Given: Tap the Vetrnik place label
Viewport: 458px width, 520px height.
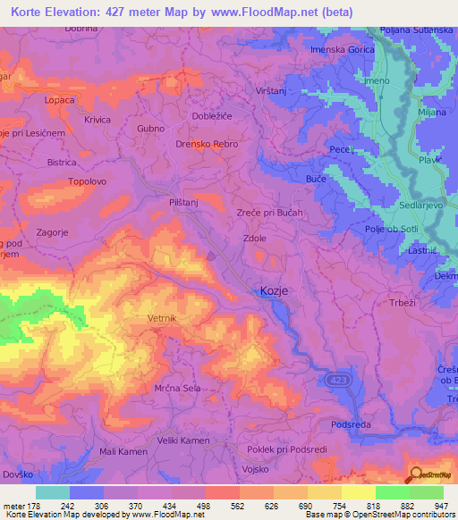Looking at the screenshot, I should coord(164,318).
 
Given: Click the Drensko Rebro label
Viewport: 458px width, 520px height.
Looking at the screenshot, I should coord(207,144).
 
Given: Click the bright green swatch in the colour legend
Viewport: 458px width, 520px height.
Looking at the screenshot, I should coord(392,492).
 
